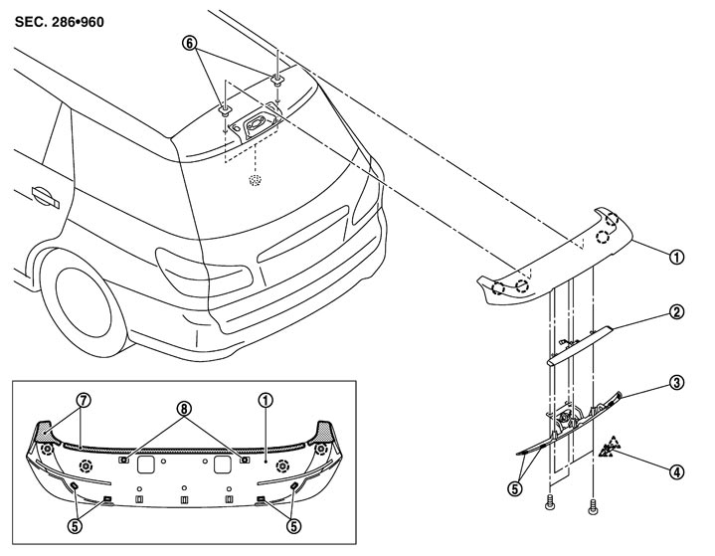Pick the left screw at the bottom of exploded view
point(549,504)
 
